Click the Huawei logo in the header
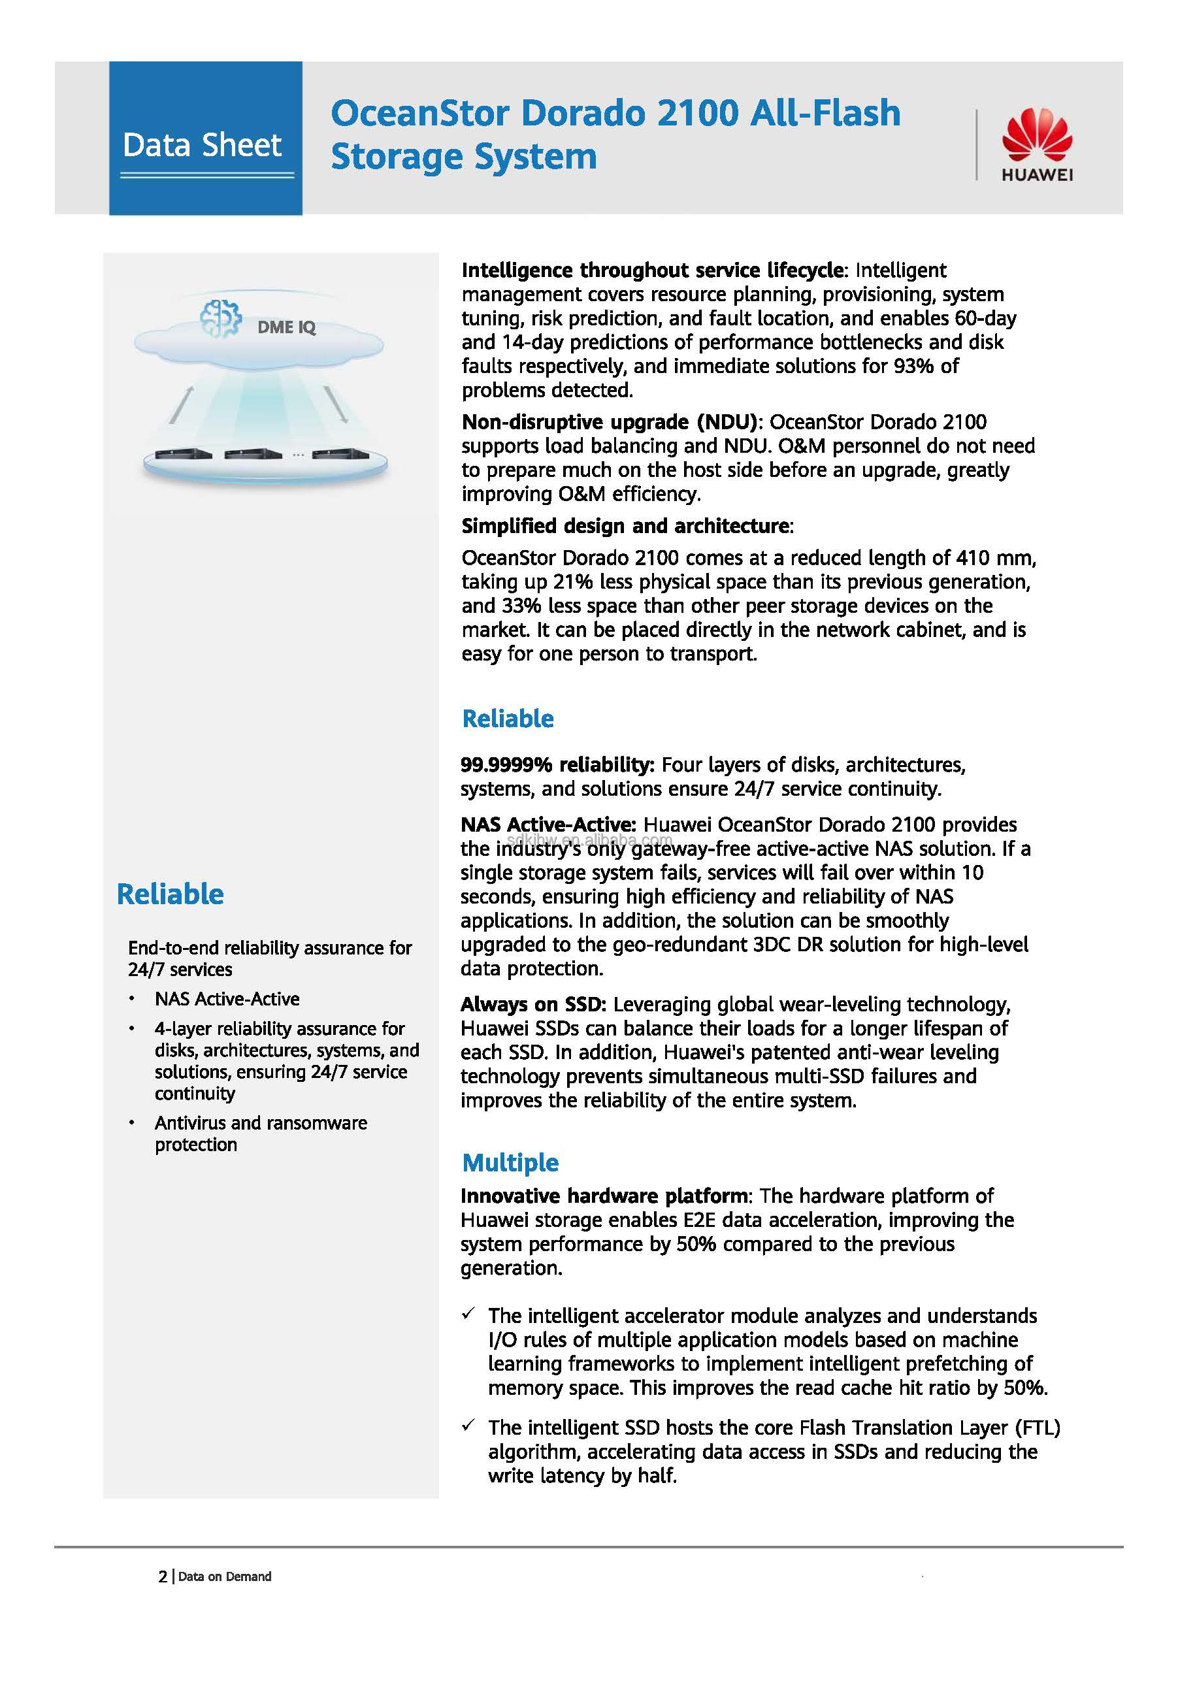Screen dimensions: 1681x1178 (1036, 144)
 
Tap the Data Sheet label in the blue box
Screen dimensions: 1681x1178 (202, 145)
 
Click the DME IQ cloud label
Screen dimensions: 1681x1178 (286, 327)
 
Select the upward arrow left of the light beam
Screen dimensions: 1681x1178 (181, 405)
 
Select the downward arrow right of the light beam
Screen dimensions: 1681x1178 (336, 405)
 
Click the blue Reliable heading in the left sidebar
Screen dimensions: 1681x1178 (170, 894)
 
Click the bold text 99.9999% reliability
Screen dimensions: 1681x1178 (557, 765)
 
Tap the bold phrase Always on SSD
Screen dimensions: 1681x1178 (533, 1005)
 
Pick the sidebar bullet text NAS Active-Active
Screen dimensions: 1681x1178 (227, 999)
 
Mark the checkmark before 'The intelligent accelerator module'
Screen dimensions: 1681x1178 (468, 1314)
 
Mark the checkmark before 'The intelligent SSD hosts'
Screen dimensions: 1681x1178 (468, 1426)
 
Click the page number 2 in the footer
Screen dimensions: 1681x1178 (163, 1576)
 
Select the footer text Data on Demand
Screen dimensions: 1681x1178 (225, 1576)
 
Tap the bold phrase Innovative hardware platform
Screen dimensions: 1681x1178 (604, 1196)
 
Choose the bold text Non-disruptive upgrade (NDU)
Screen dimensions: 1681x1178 (612, 423)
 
